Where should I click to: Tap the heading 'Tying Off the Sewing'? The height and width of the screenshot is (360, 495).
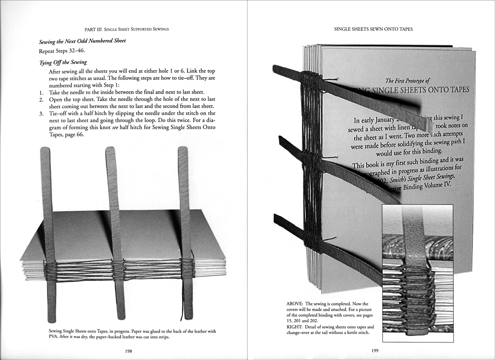[63, 62]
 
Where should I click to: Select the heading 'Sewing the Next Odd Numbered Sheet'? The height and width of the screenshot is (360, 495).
[82, 41]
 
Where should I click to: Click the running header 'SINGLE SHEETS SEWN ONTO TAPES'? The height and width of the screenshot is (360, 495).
[373, 29]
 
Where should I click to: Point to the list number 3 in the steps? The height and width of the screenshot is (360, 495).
[41, 113]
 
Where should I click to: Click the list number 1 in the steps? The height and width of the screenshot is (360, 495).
[41, 92]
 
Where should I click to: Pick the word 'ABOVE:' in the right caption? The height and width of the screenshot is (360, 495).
[295, 304]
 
